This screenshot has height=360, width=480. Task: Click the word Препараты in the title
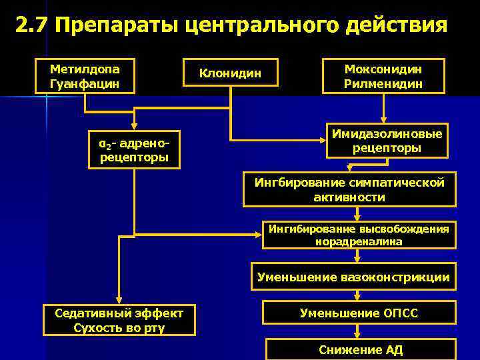[114, 26]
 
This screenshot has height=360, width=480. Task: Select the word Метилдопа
[85, 69]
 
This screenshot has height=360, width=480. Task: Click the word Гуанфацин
[85, 83]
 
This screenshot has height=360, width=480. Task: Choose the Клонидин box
[230, 73]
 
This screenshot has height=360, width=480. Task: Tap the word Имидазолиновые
[387, 134]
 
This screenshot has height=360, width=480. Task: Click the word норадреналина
[359, 241]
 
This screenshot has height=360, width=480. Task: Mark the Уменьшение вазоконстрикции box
[353, 277]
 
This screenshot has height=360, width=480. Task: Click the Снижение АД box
[361, 349]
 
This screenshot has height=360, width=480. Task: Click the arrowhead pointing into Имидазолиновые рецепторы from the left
[321, 140]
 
